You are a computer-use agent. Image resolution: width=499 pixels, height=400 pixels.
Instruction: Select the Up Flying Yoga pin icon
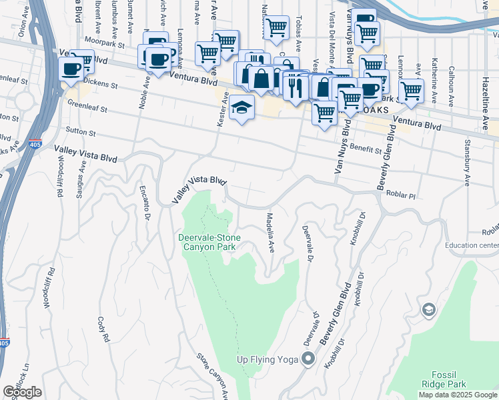click(308, 360)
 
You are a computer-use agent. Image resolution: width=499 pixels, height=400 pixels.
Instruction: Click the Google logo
click(23, 392)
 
